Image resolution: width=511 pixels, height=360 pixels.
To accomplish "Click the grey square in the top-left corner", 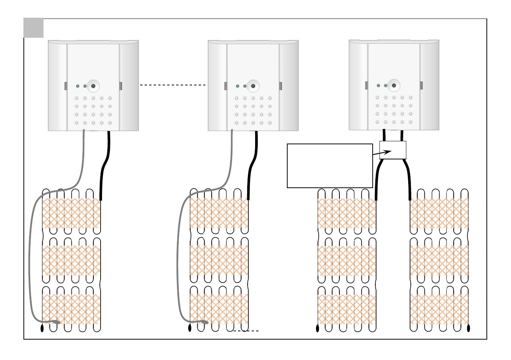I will point(34,28).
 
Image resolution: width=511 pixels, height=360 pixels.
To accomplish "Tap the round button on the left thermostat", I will point(93,86).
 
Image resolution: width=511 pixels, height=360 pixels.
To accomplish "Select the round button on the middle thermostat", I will point(253,86).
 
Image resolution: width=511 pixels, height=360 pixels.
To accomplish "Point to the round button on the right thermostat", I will point(394,85).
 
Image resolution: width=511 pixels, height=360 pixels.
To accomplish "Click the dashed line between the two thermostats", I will point(173,85).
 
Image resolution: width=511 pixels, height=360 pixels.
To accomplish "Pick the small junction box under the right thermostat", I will point(393,150).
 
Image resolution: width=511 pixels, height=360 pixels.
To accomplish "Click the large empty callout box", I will point(330,165).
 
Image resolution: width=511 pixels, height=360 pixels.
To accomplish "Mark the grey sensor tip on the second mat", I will point(204,322).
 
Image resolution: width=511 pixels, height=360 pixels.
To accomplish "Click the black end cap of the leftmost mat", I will point(42,328).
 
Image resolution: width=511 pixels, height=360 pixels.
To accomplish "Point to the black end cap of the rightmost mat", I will point(469,328).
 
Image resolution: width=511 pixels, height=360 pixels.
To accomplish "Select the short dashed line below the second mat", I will point(246,331).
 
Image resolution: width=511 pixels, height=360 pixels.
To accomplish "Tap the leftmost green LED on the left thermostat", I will point(77,86).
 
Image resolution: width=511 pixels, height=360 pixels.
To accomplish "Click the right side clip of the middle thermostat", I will point(280,86).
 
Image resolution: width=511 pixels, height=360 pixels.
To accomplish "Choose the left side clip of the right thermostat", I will point(366,85).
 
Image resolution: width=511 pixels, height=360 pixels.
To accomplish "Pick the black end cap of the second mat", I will point(190,328).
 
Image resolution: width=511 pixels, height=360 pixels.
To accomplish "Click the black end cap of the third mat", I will point(317,328).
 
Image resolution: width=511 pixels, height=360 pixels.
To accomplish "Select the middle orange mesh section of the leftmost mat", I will point(71,260).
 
